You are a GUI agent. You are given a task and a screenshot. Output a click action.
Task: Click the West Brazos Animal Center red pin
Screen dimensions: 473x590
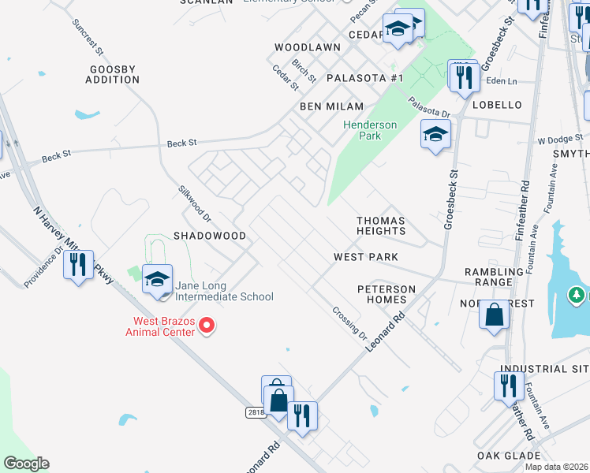[207, 325]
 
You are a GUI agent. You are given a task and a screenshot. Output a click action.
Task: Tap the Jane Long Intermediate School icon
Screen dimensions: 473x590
[157, 280]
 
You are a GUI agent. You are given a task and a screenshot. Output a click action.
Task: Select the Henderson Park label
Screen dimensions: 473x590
[362, 130]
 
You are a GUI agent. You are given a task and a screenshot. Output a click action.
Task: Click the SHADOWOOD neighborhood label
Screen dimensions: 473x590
[210, 236]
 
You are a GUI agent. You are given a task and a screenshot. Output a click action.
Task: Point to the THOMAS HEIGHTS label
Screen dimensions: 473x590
[380, 226]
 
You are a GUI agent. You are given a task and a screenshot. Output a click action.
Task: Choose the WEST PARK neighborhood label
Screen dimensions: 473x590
[365, 257]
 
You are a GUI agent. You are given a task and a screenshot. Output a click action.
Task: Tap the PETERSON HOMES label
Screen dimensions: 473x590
[386, 295]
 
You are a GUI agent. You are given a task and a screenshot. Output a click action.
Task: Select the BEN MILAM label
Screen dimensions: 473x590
[331, 106]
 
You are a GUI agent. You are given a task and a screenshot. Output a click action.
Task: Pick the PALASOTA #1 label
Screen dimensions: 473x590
[364, 78]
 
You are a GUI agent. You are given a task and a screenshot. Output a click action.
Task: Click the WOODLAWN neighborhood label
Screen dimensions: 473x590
[308, 47]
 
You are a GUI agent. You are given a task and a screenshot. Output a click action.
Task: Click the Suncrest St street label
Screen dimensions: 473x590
[88, 37]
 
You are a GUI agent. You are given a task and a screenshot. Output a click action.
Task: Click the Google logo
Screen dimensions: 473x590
[26, 464]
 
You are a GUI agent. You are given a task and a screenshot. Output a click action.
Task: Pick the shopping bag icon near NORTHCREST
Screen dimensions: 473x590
[494, 315]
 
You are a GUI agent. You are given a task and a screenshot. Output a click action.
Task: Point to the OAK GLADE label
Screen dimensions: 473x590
[508, 456]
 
